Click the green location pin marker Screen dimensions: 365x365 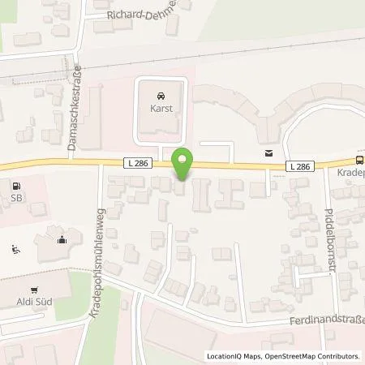(183, 165)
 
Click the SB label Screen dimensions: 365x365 (15, 197)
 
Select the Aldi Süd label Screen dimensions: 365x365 (33, 302)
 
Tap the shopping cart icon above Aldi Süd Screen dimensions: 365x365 (33, 289)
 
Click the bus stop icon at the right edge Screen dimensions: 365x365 (359, 161)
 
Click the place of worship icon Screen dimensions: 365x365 (62, 238)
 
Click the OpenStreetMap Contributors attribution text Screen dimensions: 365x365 (314, 356)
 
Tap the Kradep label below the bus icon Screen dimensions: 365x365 (350, 174)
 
